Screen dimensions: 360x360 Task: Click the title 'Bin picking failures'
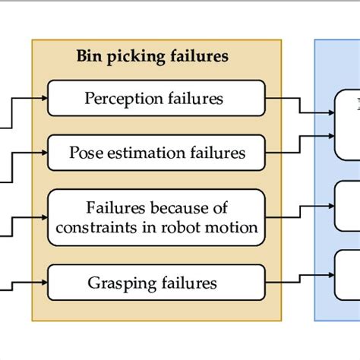(153, 56)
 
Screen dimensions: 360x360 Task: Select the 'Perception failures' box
(156, 99)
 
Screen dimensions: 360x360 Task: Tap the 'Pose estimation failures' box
(156, 153)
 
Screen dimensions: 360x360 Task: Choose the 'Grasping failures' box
(156, 283)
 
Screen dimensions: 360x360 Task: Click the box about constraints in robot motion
(156, 216)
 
